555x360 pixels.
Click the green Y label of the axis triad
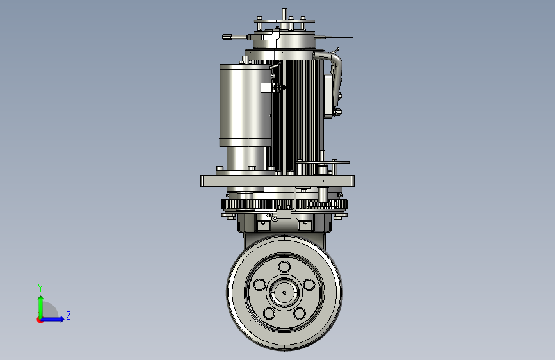point(40,288)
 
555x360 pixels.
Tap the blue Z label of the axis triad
point(68,315)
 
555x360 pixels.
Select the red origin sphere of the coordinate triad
point(40,320)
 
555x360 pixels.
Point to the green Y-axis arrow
point(41,307)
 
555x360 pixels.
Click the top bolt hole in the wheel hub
point(284,266)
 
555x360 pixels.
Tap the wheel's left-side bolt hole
point(260,284)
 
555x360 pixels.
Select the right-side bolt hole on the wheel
point(309,284)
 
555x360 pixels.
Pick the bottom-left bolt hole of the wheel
point(269,313)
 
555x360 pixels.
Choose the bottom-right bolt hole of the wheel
point(300,313)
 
